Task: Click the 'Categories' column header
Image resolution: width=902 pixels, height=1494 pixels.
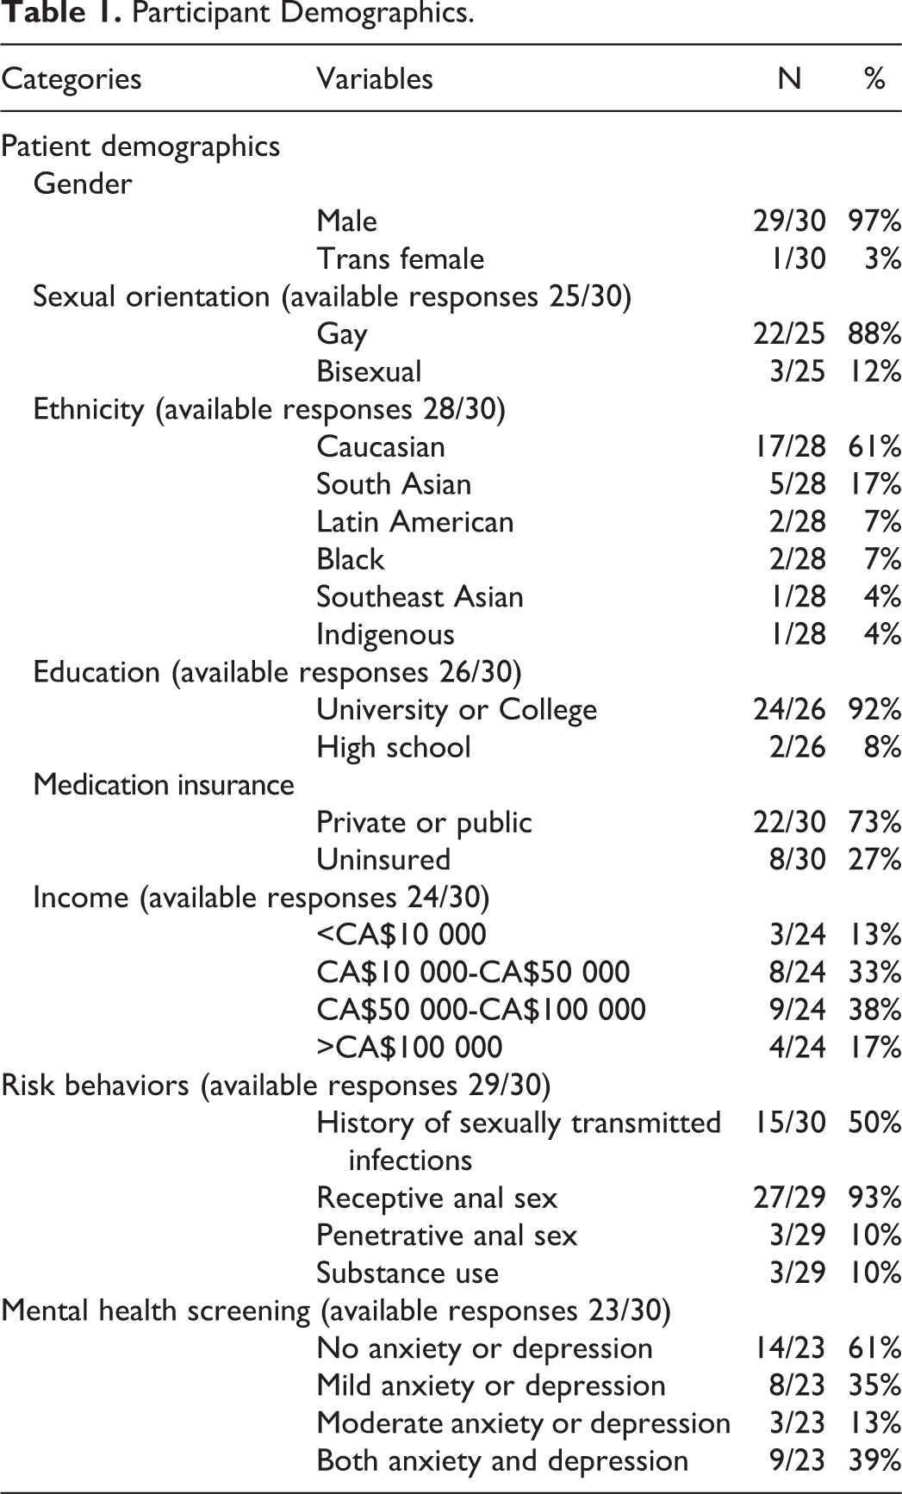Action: pyautogui.click(x=72, y=79)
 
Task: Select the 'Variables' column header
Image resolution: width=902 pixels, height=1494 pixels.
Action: pyautogui.click(x=374, y=79)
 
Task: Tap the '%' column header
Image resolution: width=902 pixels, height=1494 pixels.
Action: pyautogui.click(x=874, y=79)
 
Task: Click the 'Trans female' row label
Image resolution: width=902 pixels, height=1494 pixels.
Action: pyautogui.click(x=400, y=258)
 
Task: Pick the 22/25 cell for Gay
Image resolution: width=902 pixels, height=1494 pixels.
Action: pyautogui.click(x=788, y=333)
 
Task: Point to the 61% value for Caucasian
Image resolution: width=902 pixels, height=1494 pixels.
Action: pyautogui.click(x=874, y=446)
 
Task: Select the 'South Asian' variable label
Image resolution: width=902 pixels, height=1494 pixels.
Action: pyautogui.click(x=394, y=484)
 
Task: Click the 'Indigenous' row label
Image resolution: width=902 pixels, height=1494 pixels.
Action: pyautogui.click(x=385, y=634)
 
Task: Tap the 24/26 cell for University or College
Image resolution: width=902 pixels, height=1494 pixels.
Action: pyautogui.click(x=788, y=709)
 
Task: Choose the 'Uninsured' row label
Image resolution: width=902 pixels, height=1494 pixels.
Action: pyautogui.click(x=383, y=859)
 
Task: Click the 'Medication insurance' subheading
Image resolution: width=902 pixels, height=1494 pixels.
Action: pyautogui.click(x=164, y=784)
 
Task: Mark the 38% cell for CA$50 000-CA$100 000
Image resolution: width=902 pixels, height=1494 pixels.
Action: pyautogui.click(x=874, y=1009)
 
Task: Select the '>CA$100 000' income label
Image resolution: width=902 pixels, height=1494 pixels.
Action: pyautogui.click(x=409, y=1047)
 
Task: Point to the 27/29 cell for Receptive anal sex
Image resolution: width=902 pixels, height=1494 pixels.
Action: pyautogui.click(x=788, y=1198)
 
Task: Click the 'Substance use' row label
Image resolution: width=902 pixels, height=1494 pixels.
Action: pyautogui.click(x=407, y=1273)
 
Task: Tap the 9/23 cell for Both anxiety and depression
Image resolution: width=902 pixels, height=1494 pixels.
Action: pyautogui.click(x=796, y=1460)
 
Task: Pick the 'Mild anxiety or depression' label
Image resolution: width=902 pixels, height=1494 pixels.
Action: pyautogui.click(x=491, y=1385)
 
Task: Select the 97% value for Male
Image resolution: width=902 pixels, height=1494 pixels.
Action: pyautogui.click(x=874, y=221)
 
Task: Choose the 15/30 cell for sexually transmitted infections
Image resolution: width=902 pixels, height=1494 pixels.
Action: pyautogui.click(x=788, y=1123)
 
